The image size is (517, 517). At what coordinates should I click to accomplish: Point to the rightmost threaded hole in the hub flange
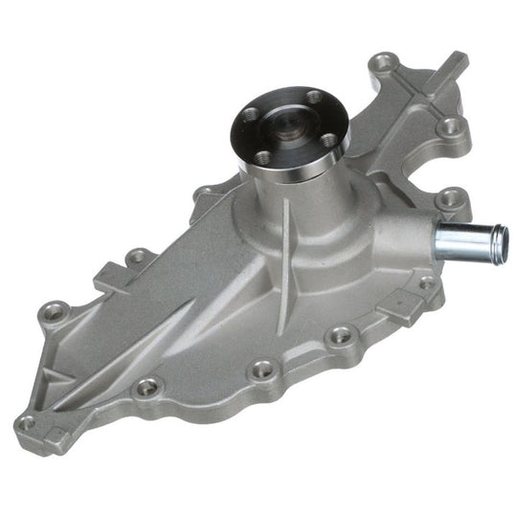[x=327, y=141]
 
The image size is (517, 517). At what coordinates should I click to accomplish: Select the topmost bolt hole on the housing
[x=385, y=64]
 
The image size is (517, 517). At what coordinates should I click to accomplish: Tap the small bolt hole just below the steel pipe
[x=425, y=283]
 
